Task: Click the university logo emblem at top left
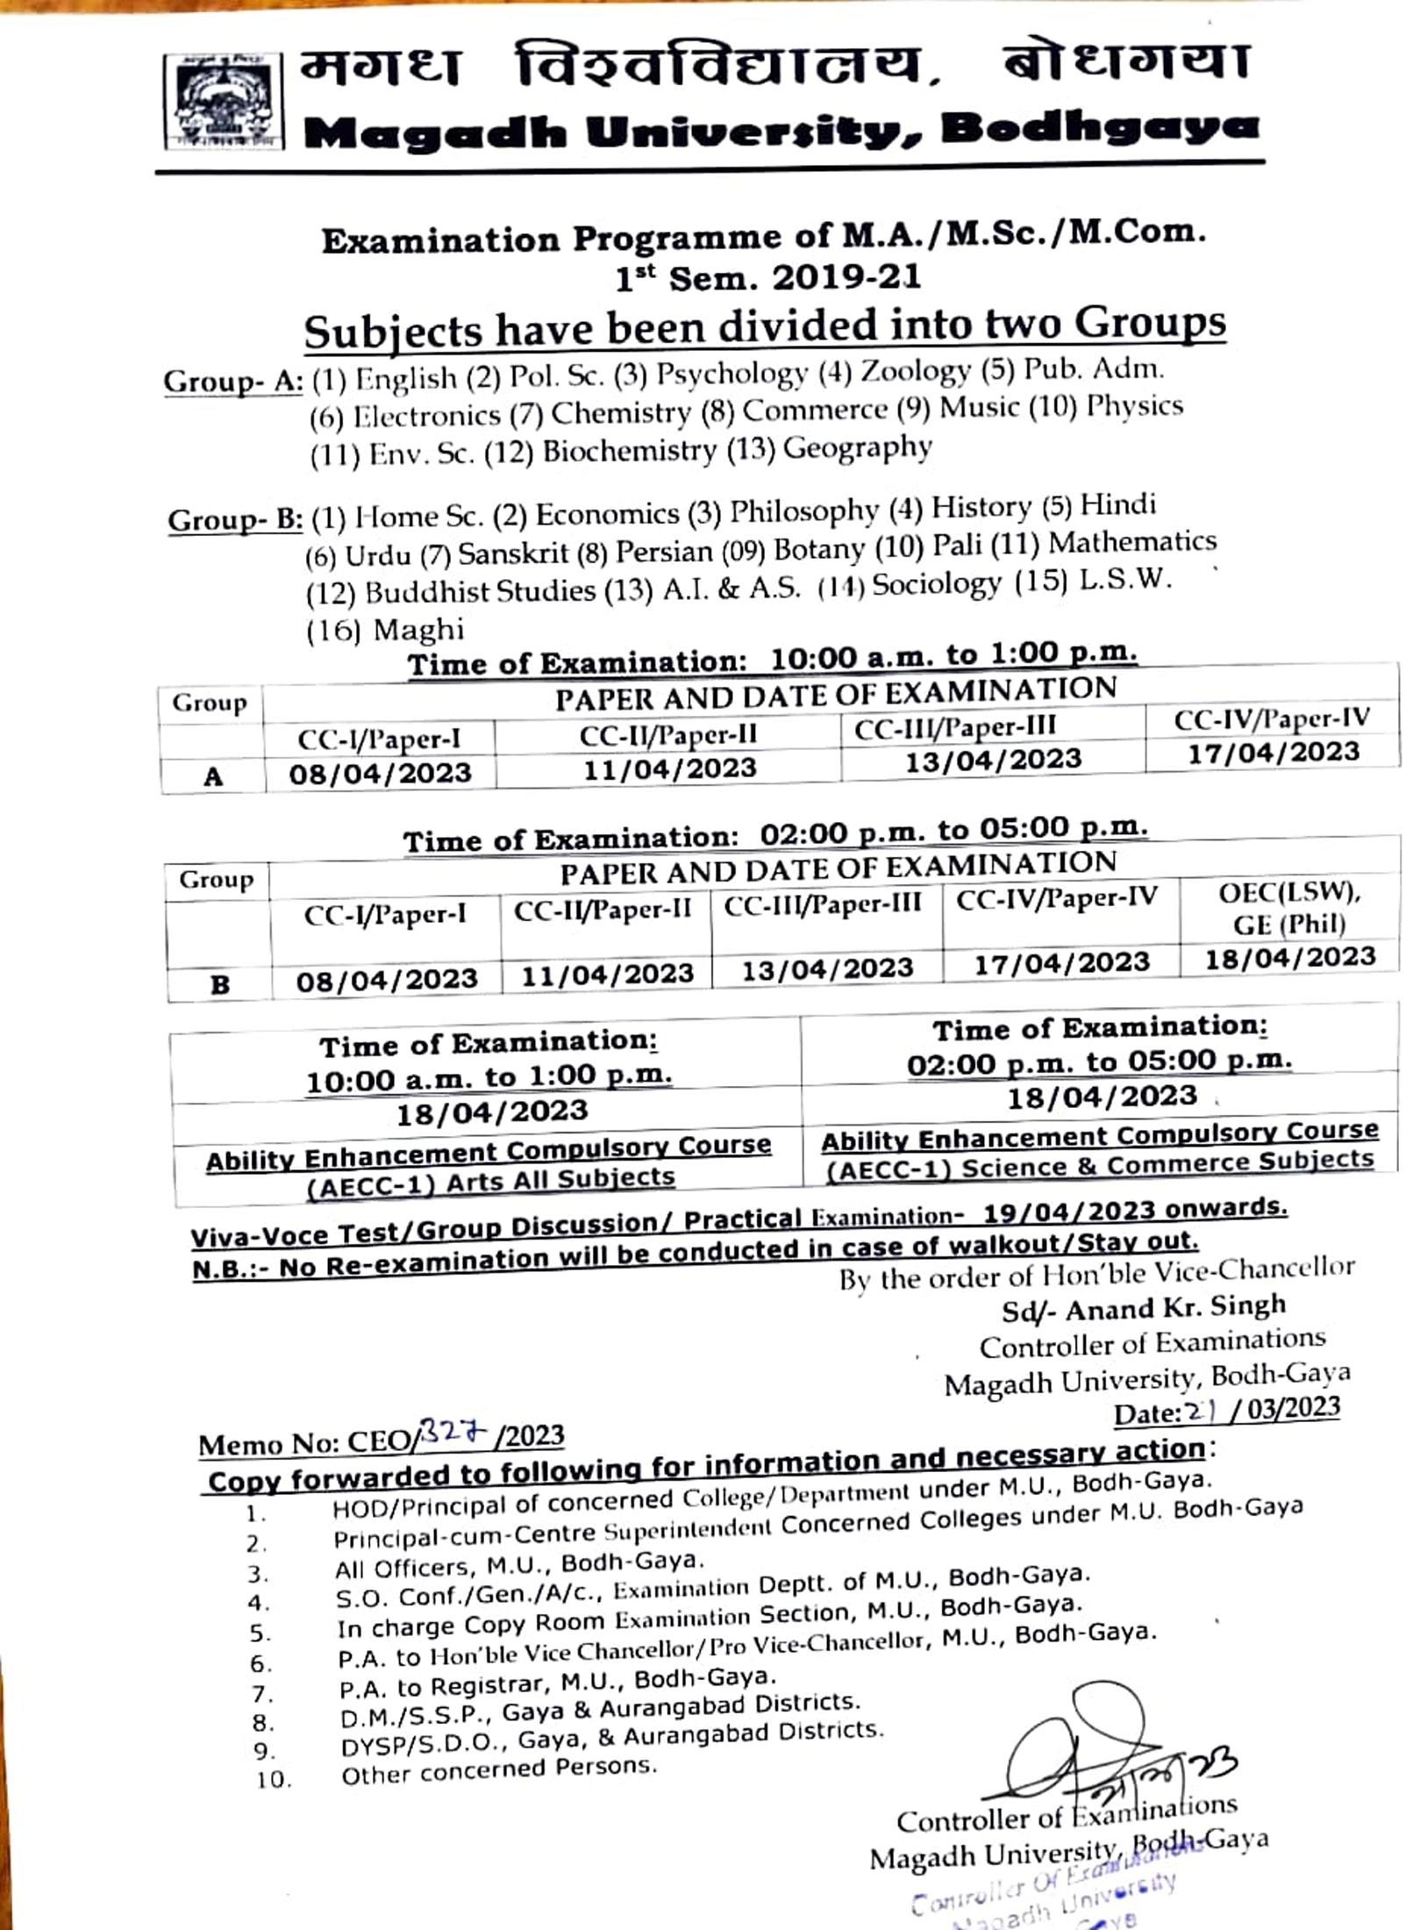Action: (x=225, y=101)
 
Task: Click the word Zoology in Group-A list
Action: (x=915, y=371)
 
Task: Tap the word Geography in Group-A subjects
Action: (x=857, y=448)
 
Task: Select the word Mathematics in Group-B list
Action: (x=1132, y=542)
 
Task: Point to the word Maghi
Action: (x=418, y=630)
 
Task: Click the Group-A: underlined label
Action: (x=233, y=382)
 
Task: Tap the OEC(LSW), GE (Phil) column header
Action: (x=1288, y=908)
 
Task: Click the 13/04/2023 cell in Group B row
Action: (x=827, y=969)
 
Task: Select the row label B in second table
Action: (x=219, y=984)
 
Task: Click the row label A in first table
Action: (x=213, y=776)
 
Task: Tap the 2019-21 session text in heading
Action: (x=846, y=278)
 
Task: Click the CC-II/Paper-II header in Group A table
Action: (x=667, y=735)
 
